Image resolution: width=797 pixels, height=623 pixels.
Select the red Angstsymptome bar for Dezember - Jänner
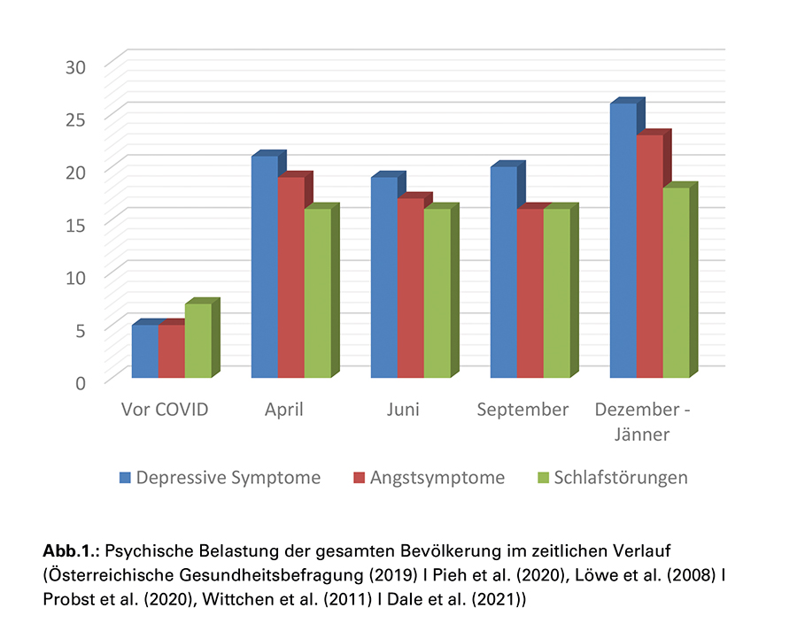[649, 257]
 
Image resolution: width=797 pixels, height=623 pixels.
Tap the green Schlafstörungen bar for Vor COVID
[198, 341]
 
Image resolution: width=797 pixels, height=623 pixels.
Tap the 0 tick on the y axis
[81, 382]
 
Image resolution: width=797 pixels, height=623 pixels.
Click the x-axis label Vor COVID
[165, 410]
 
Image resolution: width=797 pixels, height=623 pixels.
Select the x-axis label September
[522, 410]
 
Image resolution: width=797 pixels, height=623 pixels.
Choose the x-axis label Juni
[404, 410]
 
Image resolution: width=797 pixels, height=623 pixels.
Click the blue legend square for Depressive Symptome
[126, 478]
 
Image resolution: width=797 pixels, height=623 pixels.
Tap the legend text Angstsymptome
[437, 478]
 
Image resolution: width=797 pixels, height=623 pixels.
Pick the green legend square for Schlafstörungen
[544, 478]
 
